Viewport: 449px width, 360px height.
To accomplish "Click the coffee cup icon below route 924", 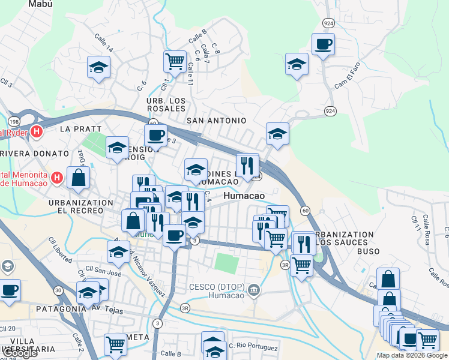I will (323, 44).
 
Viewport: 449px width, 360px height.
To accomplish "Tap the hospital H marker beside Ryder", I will (37, 132).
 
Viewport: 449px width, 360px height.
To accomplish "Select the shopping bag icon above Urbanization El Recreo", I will (79, 177).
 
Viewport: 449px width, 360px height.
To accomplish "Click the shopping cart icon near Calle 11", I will (174, 61).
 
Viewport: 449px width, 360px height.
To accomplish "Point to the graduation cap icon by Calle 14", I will (98, 68).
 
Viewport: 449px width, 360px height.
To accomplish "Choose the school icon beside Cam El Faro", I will (297, 65).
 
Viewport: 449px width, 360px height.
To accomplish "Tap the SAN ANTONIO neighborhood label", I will (216, 121).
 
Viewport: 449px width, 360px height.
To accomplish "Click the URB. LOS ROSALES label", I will (166, 104).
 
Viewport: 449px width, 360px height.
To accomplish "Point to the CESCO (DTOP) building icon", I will (255, 290).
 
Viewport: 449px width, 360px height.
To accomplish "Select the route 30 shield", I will (58, 290).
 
